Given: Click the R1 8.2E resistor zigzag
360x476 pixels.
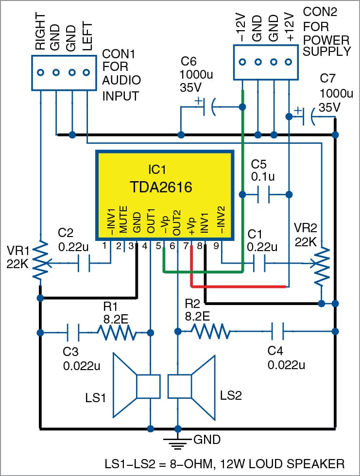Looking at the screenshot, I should pos(117,333).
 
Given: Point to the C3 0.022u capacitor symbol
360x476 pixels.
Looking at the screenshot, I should pos(72,333).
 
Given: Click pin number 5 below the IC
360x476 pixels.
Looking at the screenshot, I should pos(158,247).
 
